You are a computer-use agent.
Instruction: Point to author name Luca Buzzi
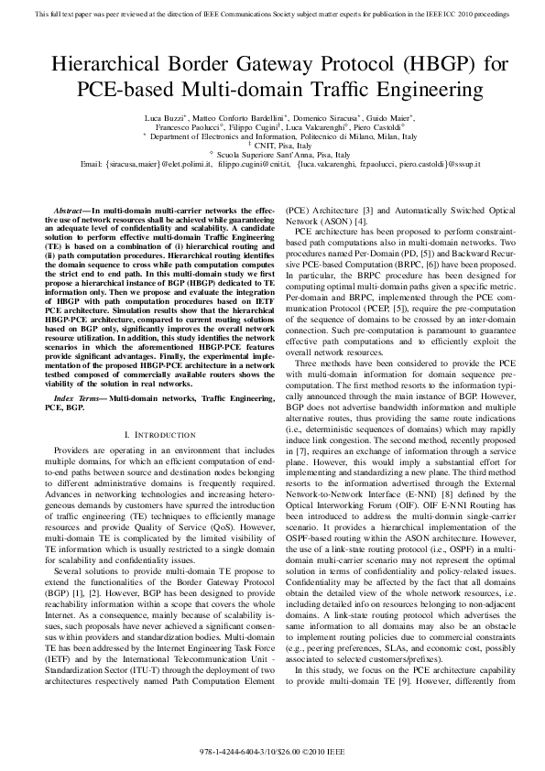point(166,118)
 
